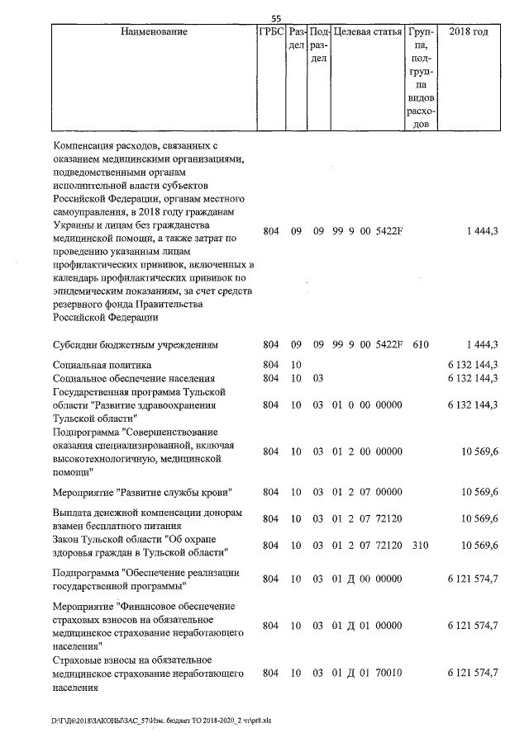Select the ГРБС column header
(x=271, y=32)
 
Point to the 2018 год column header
(x=468, y=32)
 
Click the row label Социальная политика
(x=102, y=364)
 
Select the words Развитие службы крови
(x=176, y=493)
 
